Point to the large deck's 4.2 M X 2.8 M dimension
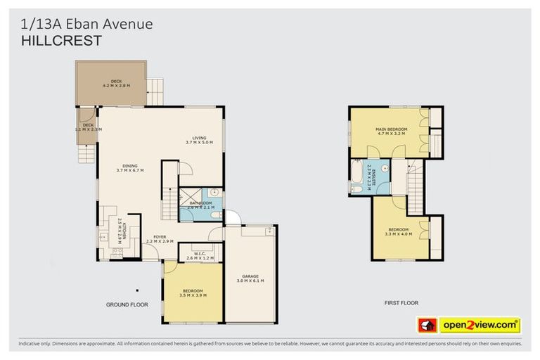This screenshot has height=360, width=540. pyautogui.click(x=111, y=86)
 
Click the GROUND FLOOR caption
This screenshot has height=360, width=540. pyautogui.click(x=127, y=304)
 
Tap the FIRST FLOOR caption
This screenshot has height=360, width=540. pyautogui.click(x=401, y=303)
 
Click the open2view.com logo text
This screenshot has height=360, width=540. pyautogui.click(x=480, y=325)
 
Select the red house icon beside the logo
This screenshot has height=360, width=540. pyautogui.click(x=427, y=325)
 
